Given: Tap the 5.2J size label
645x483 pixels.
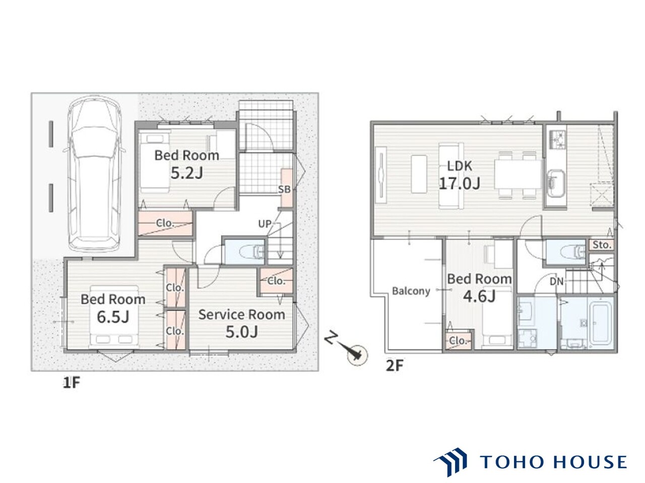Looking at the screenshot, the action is (186, 173).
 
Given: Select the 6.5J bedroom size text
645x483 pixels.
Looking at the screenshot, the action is (113, 317).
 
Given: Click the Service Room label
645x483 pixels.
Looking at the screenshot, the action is (241, 314).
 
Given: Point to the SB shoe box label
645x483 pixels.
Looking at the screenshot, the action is (284, 190).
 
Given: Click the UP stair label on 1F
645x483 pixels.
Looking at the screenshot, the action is (265, 224).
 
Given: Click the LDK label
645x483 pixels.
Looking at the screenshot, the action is (459, 166).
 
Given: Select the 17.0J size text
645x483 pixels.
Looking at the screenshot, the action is (459, 183).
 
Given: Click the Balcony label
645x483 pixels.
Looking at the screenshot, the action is (411, 291).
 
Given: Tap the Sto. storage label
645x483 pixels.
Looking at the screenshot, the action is (602, 245).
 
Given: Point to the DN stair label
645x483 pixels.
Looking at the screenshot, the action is (556, 282).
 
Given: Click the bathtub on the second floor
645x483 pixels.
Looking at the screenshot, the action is (600, 323).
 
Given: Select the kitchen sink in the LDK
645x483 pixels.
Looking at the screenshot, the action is (556, 184).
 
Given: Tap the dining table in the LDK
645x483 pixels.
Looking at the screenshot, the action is (518, 174).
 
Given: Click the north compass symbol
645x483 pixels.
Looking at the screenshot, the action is (357, 355).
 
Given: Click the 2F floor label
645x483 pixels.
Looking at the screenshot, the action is (395, 366).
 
